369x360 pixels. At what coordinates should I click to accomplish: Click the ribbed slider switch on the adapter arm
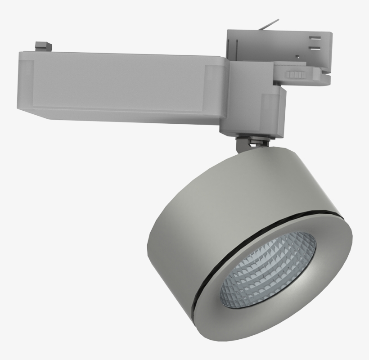click(296, 75)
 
